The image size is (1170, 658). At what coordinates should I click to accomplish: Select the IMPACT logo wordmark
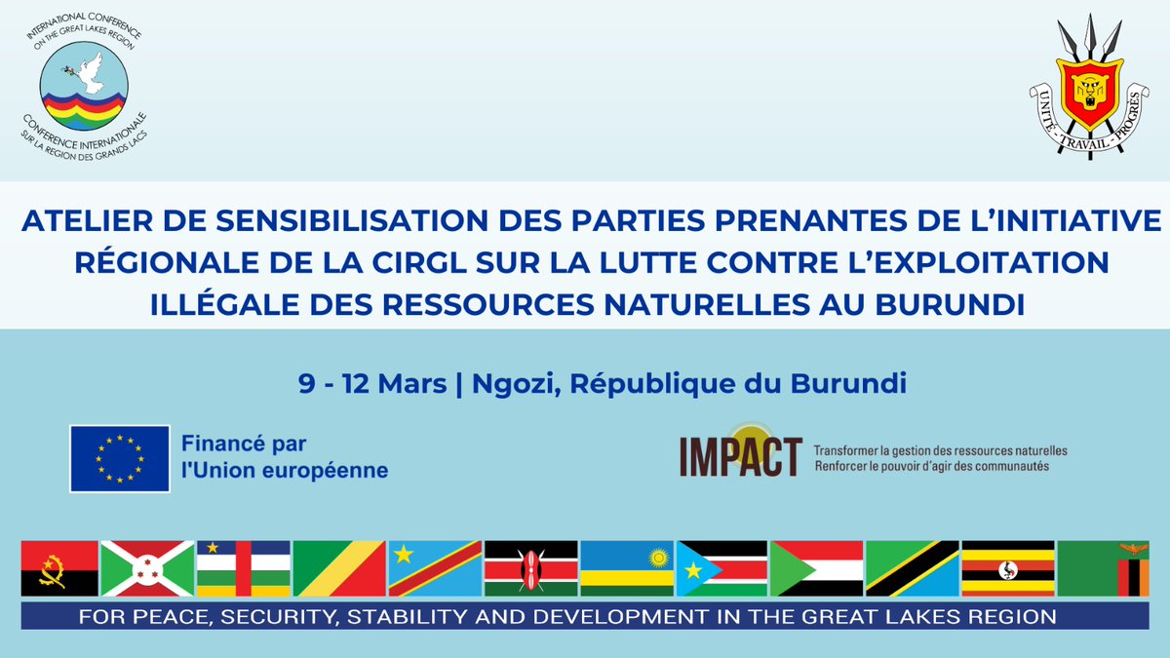pyautogui.click(x=741, y=457)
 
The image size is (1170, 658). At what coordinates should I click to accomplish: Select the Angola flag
pyautogui.click(x=59, y=567)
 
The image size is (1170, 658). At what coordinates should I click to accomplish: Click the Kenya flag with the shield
pyautogui.click(x=530, y=567)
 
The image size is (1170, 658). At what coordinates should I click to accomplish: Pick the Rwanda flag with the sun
pyautogui.click(x=627, y=567)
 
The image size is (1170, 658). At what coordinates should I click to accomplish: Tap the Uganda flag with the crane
pyautogui.click(x=1007, y=567)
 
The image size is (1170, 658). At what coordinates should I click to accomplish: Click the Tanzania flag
pyautogui.click(x=912, y=567)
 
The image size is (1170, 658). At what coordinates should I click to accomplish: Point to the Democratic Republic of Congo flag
pyautogui.click(x=435, y=567)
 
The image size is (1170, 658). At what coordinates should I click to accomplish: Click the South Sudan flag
pyautogui.click(x=721, y=567)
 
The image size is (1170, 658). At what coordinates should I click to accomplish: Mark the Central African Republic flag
pyautogui.click(x=243, y=567)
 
